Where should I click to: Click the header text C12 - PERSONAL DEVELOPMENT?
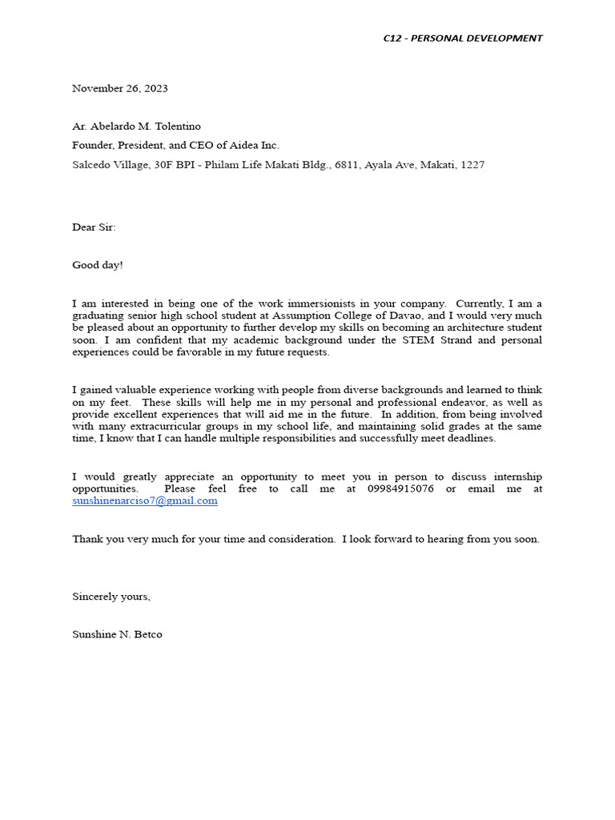point(462,38)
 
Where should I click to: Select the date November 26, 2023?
point(120,89)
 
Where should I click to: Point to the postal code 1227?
point(472,165)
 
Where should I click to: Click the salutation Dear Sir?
point(94,227)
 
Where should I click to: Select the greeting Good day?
point(98,265)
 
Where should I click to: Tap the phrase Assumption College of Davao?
point(360,316)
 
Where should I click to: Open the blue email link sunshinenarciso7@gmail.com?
point(145,501)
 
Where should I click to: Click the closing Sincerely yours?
point(111,597)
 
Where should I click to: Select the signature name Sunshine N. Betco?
point(117,635)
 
